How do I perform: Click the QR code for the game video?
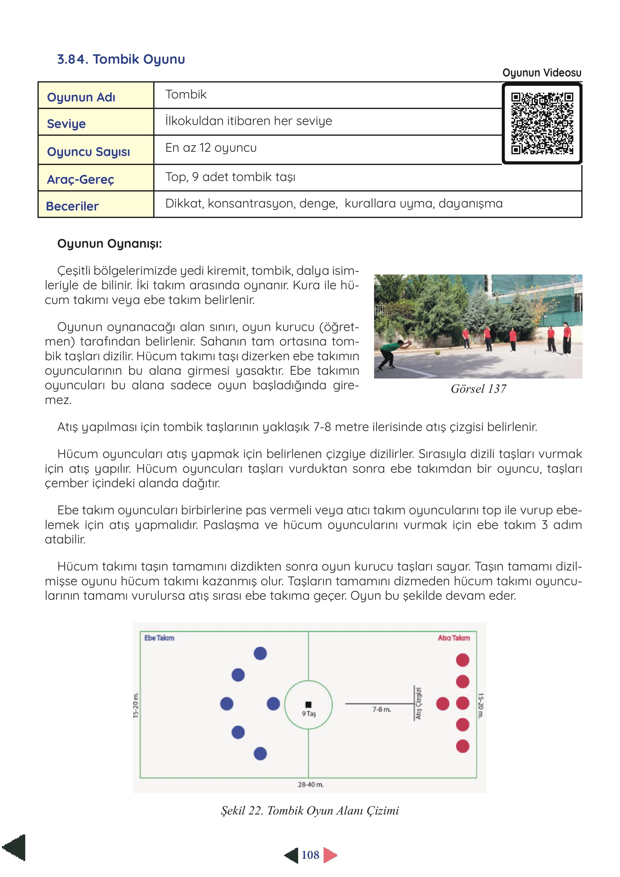coord(542,124)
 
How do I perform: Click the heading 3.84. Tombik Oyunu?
coord(121,59)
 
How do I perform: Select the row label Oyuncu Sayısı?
coord(88,152)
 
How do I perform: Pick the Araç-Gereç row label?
coord(80,179)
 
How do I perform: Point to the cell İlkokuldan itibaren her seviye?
coord(249,121)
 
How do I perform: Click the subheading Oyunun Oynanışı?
coord(109,244)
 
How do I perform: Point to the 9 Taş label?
coord(309,713)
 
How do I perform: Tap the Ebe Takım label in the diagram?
coord(159,638)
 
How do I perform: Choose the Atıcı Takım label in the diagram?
coord(454,638)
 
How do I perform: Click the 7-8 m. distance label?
coord(382,709)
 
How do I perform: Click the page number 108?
coord(310,855)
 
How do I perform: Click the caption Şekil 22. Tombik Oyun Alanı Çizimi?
coord(310,810)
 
